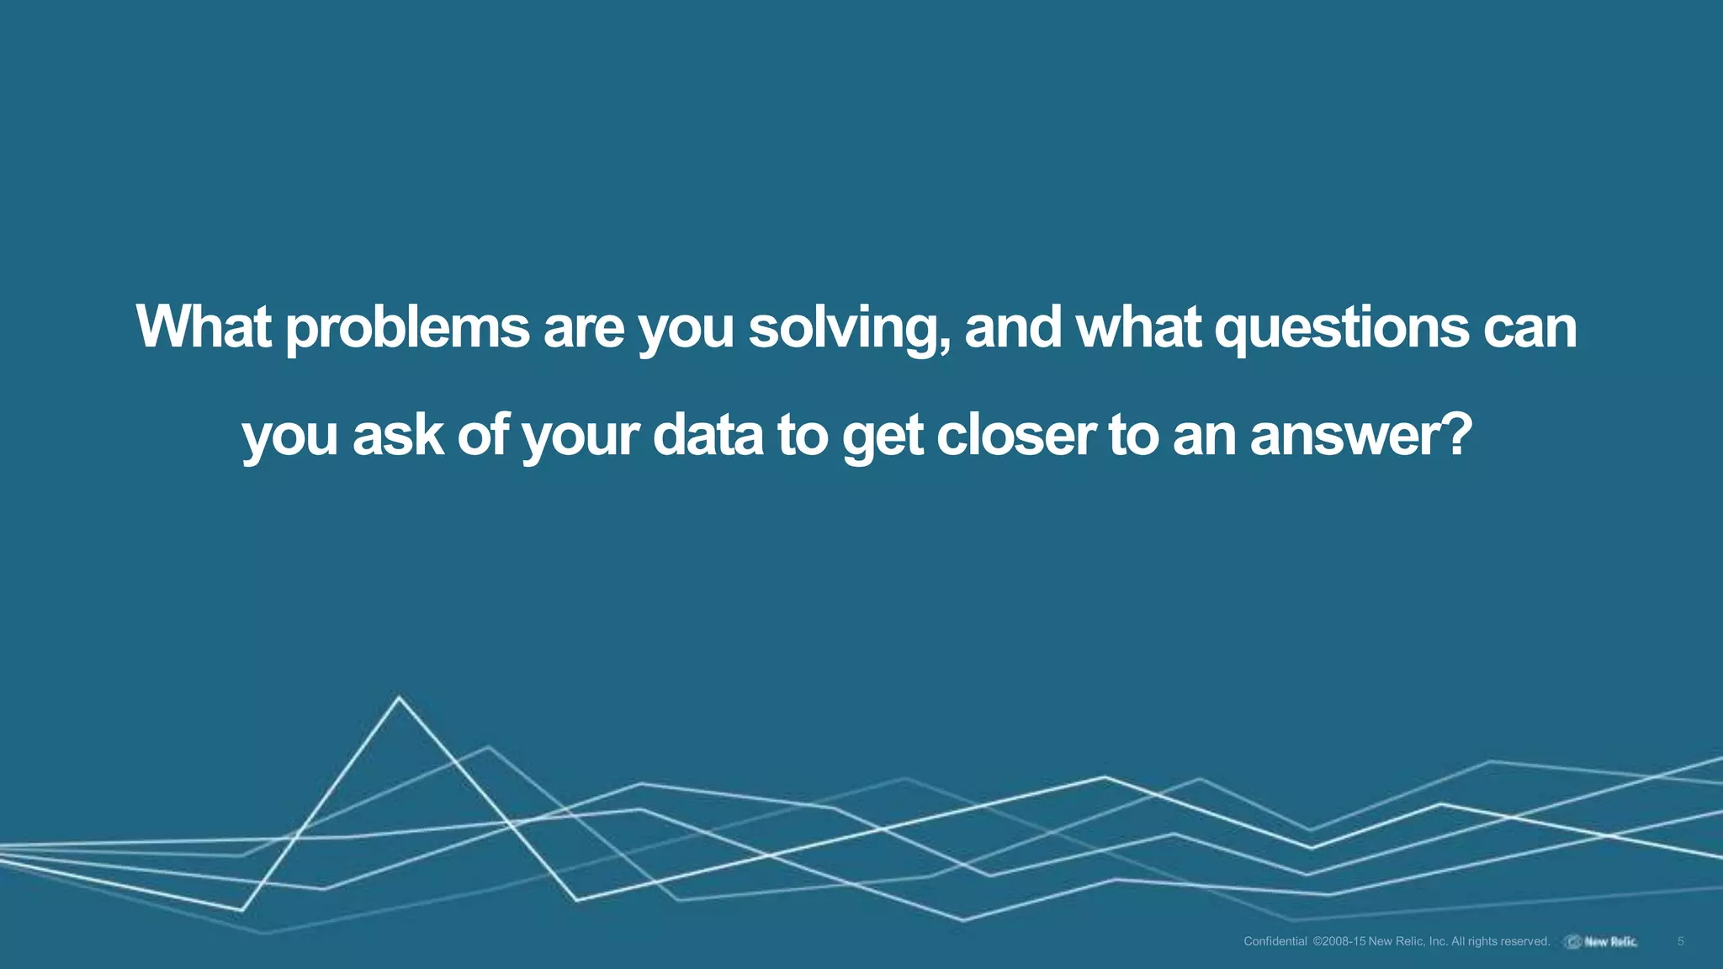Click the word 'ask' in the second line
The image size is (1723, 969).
[x=397, y=436]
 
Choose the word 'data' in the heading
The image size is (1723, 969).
[x=708, y=436]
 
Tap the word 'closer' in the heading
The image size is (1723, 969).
[x=1016, y=436]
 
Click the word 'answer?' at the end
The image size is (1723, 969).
[x=1361, y=436]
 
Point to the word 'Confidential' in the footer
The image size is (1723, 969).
[x=1275, y=941]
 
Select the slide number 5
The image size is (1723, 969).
[x=1680, y=941]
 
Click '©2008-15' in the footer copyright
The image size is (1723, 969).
[x=1339, y=941]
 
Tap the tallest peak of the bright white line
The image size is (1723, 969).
[x=399, y=697]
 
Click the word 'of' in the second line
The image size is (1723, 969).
[x=483, y=436]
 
